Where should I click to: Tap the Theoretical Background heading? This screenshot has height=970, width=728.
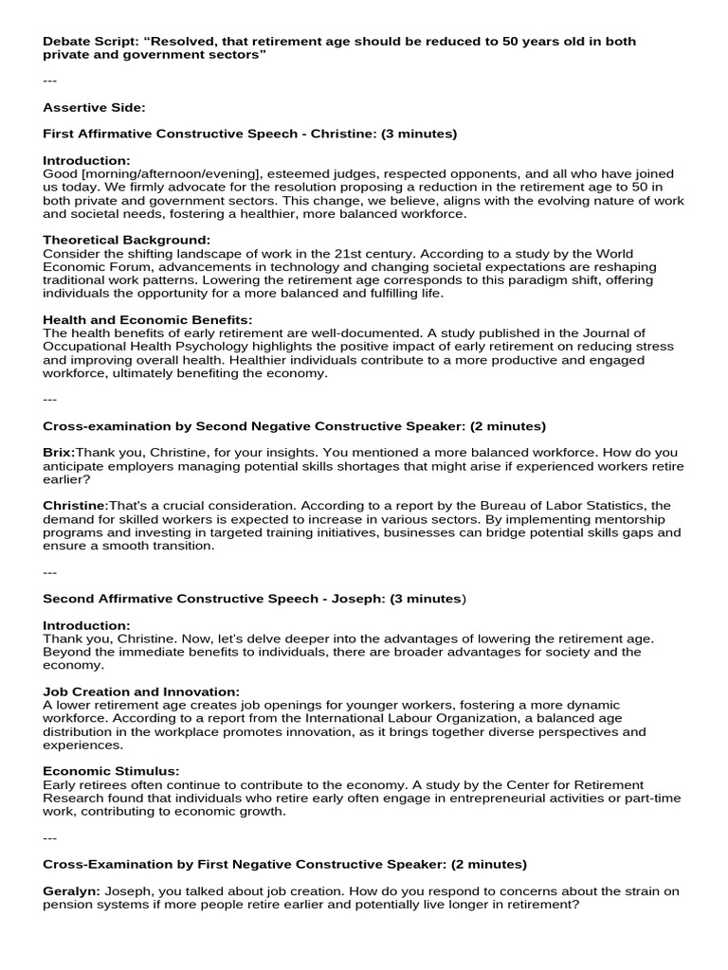click(126, 241)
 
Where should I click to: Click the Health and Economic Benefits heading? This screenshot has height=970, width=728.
click(147, 320)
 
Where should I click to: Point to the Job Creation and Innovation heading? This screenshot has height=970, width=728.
click(141, 692)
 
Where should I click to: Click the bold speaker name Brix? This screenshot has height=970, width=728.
click(58, 453)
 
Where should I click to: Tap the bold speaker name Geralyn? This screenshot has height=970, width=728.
click(71, 891)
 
